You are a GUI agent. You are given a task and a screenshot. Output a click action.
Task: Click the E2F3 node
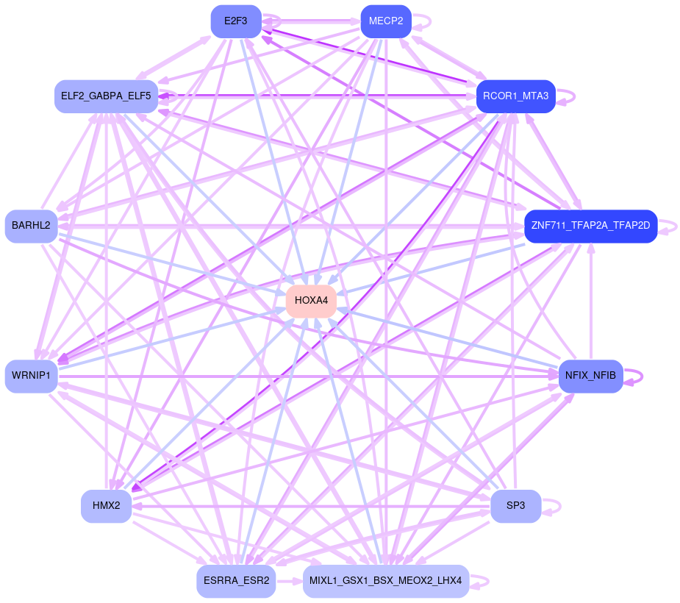pos(236,21)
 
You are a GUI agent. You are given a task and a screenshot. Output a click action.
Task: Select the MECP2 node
pos(385,21)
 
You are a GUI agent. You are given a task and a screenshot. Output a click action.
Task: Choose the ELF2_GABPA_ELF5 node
pos(107,96)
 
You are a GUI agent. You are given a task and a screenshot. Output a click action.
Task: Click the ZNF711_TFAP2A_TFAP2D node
pos(590,226)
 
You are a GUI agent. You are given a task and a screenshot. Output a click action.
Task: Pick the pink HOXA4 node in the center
pos(311,301)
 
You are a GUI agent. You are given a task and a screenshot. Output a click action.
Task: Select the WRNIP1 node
pos(31,377)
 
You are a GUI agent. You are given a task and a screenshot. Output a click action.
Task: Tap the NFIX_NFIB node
pos(590,377)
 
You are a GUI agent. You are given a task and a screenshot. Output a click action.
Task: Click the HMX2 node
pos(107,506)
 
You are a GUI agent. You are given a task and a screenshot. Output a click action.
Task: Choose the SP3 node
pos(515,506)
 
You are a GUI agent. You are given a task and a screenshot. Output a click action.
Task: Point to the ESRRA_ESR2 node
pos(236,581)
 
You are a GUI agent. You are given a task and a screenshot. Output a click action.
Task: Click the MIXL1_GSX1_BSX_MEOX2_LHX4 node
pos(385,581)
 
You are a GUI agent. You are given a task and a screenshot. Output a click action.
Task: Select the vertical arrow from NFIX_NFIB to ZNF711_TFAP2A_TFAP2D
pos(590,301)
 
